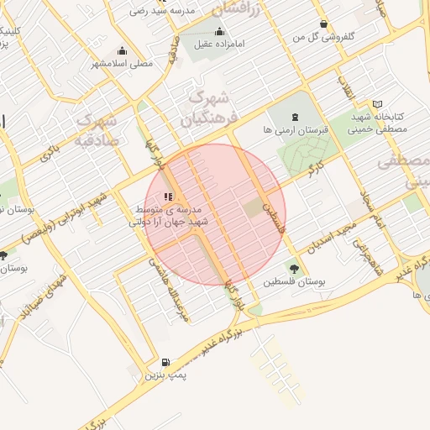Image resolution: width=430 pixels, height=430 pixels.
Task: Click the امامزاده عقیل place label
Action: click(219, 45)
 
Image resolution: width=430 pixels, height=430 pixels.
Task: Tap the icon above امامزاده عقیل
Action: click(219, 32)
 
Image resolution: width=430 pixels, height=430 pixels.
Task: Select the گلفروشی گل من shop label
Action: click(322, 37)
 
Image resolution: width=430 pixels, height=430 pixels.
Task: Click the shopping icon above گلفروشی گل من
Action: click(323, 24)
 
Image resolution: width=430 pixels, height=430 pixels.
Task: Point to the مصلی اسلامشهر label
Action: click(123, 63)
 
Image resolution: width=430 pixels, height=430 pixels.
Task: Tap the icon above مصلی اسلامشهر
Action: click(123, 50)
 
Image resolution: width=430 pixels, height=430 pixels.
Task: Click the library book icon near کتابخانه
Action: click(377, 103)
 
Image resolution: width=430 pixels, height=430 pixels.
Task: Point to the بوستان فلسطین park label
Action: click(293, 282)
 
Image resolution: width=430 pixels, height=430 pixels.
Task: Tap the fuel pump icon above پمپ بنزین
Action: click(165, 361)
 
